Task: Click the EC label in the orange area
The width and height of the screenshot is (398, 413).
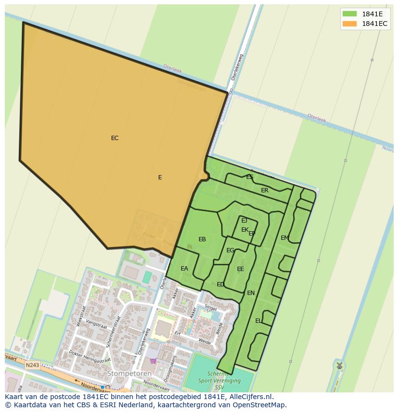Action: [x=114, y=138]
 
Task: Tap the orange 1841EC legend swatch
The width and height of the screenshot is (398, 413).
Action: [x=349, y=24]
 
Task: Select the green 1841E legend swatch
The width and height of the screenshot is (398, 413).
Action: [x=349, y=14]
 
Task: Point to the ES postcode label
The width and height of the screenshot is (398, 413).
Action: [x=249, y=177]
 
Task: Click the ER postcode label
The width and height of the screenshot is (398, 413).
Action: [x=264, y=190]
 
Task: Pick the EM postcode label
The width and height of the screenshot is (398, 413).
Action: [x=285, y=238]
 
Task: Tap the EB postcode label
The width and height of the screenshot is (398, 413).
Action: [x=202, y=239]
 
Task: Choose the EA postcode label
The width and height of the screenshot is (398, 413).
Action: [x=184, y=269]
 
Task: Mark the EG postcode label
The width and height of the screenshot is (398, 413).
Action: [x=230, y=250]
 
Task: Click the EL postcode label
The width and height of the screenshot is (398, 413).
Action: [x=259, y=321]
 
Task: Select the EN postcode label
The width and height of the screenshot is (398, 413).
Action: [x=250, y=293]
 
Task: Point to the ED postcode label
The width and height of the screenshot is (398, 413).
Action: [x=220, y=284]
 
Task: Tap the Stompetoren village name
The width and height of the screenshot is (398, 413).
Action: [x=129, y=373]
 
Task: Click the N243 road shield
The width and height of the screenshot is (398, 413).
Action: [x=32, y=365]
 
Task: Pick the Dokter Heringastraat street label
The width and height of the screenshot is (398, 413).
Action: [x=90, y=358]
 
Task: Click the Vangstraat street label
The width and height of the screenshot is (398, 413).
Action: [x=97, y=325]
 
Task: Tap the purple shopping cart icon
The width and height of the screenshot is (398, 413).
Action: [x=153, y=361]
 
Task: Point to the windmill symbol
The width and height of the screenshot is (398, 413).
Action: [x=339, y=366]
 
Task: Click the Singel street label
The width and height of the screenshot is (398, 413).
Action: [x=211, y=307]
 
